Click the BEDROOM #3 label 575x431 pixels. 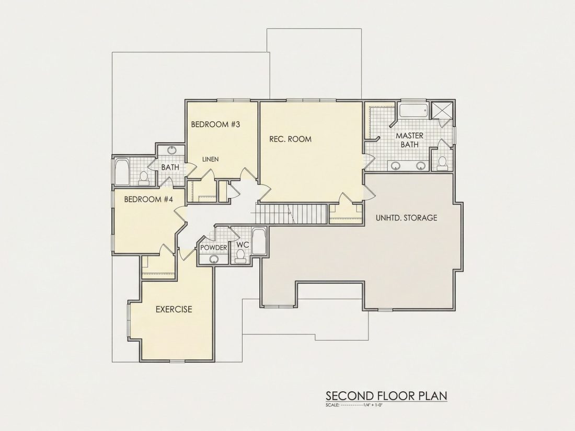(x=215, y=124)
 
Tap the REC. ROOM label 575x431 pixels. (x=290, y=139)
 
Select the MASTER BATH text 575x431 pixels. (x=409, y=140)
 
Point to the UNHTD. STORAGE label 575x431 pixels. (x=406, y=218)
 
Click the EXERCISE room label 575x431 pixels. (x=174, y=309)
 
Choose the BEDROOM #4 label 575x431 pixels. (x=148, y=200)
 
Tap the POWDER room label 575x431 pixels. (x=214, y=248)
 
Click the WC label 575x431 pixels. (x=243, y=244)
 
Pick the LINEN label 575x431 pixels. (x=211, y=159)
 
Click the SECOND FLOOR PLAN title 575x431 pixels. (x=386, y=396)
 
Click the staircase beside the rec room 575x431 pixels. (x=291, y=214)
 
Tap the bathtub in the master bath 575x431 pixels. (x=413, y=110)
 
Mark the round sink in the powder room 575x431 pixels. (x=214, y=260)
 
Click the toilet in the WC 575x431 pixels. (x=240, y=256)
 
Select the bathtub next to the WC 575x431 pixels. (x=259, y=241)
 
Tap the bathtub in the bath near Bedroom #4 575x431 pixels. (x=121, y=171)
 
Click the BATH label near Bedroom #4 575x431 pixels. (x=170, y=167)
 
